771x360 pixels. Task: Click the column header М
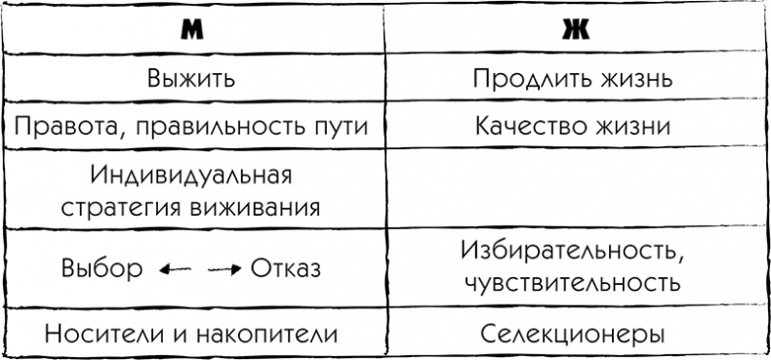click(191, 30)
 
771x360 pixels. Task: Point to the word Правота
click(58, 128)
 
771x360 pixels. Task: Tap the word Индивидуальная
click(192, 179)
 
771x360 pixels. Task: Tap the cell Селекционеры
click(573, 334)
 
